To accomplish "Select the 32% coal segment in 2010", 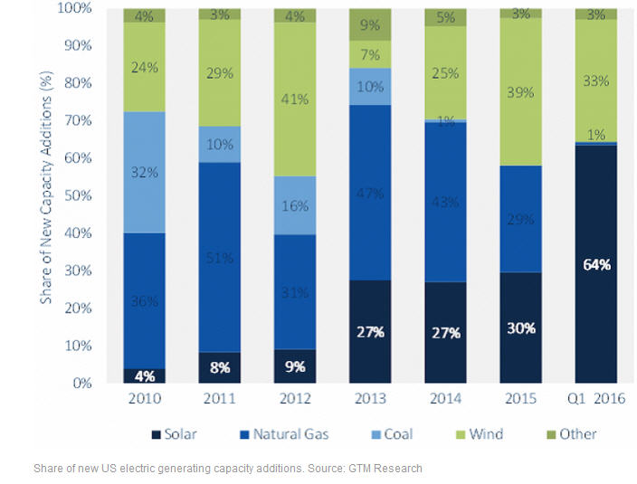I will point(144,172).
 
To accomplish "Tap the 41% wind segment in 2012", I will point(294,99).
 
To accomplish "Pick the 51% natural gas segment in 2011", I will point(219,257).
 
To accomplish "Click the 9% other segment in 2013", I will point(370,24).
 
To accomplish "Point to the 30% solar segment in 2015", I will point(520,327).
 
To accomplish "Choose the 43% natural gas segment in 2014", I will point(445,201).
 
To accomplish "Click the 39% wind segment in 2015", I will point(520,91).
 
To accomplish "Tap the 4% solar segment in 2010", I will point(144,375).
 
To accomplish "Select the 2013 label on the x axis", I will point(370,399).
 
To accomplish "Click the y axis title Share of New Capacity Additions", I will point(45,195).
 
